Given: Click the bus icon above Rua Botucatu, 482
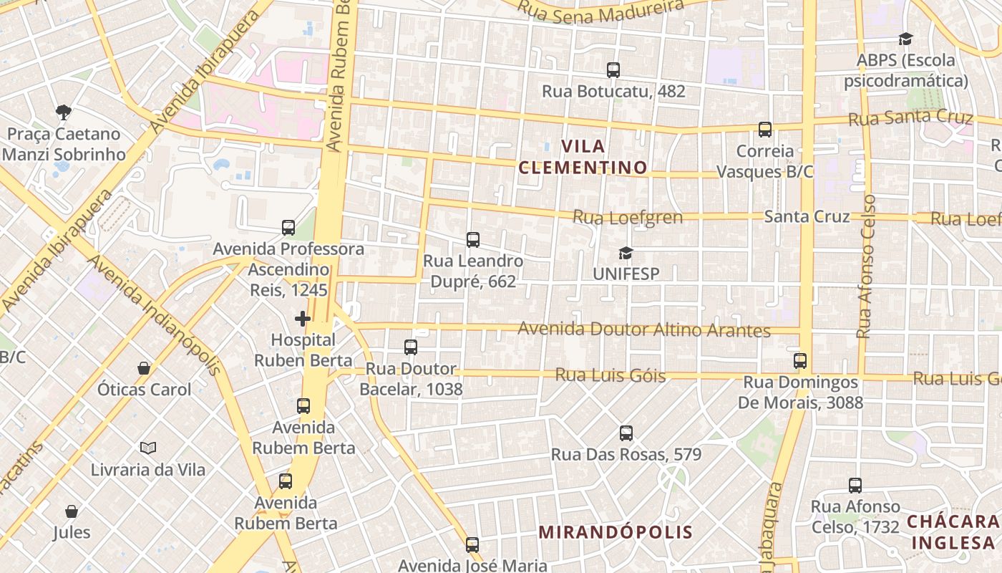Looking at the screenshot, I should tap(613, 70).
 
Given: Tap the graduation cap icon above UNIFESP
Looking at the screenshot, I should tap(626, 253).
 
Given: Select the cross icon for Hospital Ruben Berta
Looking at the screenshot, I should tap(303, 319).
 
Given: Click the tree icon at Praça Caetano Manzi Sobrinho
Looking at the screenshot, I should tap(63, 112).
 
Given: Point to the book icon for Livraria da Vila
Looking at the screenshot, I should tap(148, 448).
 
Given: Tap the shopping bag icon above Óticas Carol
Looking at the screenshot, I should tap(144, 368).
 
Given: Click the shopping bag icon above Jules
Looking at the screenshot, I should tap(72, 511).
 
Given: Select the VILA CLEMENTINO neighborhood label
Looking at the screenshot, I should tap(583, 157).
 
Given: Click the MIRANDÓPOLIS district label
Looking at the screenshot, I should tap(616, 532).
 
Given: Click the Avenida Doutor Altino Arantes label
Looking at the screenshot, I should tap(643, 329).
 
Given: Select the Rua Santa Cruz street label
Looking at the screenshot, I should tap(910, 118).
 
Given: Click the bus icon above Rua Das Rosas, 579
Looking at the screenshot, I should tap(626, 433).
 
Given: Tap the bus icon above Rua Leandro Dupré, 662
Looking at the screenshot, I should tap(473, 240).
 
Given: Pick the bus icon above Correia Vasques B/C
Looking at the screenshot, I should tap(765, 130).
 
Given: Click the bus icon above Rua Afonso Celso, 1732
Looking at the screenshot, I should tap(855, 486).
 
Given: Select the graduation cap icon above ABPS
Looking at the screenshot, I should tap(905, 39).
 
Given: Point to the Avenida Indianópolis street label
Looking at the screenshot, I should tap(154, 315).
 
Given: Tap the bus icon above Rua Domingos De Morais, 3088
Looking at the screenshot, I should tap(800, 361).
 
